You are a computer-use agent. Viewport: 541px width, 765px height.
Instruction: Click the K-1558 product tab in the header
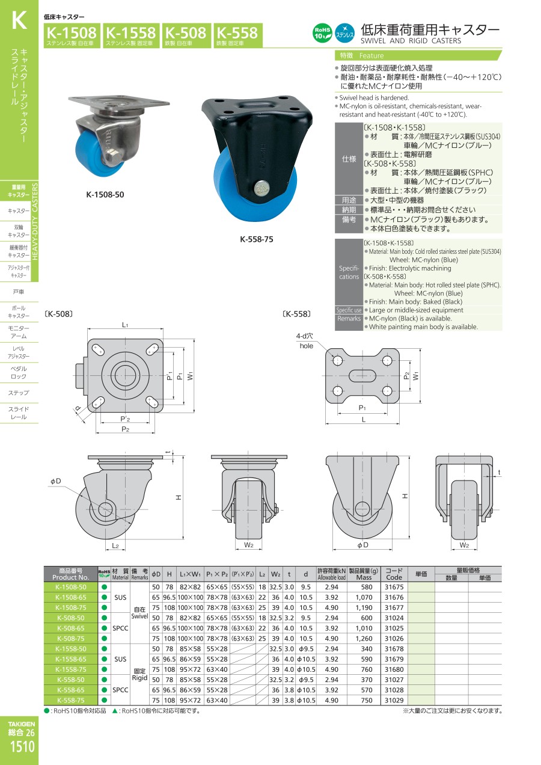131,35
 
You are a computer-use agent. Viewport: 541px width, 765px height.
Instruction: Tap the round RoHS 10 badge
322,33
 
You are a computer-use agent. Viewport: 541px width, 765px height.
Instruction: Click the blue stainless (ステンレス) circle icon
344,33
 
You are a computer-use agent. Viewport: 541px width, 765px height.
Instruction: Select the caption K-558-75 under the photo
256,239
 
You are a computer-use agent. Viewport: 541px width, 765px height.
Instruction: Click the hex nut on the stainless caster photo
112,158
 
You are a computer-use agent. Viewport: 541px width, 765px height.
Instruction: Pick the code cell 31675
394,587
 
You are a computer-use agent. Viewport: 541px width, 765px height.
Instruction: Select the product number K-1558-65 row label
71,659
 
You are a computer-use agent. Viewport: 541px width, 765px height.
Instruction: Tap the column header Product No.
71,577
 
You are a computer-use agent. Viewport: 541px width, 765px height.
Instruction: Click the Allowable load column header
331,577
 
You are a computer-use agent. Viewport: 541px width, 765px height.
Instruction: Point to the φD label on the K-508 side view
56,481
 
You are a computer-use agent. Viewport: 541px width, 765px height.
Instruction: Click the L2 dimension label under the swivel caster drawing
115,545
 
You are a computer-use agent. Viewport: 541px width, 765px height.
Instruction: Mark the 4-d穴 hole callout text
304,336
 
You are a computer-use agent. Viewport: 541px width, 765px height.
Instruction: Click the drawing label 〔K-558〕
296,314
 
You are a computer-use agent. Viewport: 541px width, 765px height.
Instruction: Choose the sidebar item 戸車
19,292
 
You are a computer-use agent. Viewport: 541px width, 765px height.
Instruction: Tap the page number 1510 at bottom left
22,746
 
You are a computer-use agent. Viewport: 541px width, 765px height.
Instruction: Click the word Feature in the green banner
371,56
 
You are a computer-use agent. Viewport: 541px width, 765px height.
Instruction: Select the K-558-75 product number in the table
71,700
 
